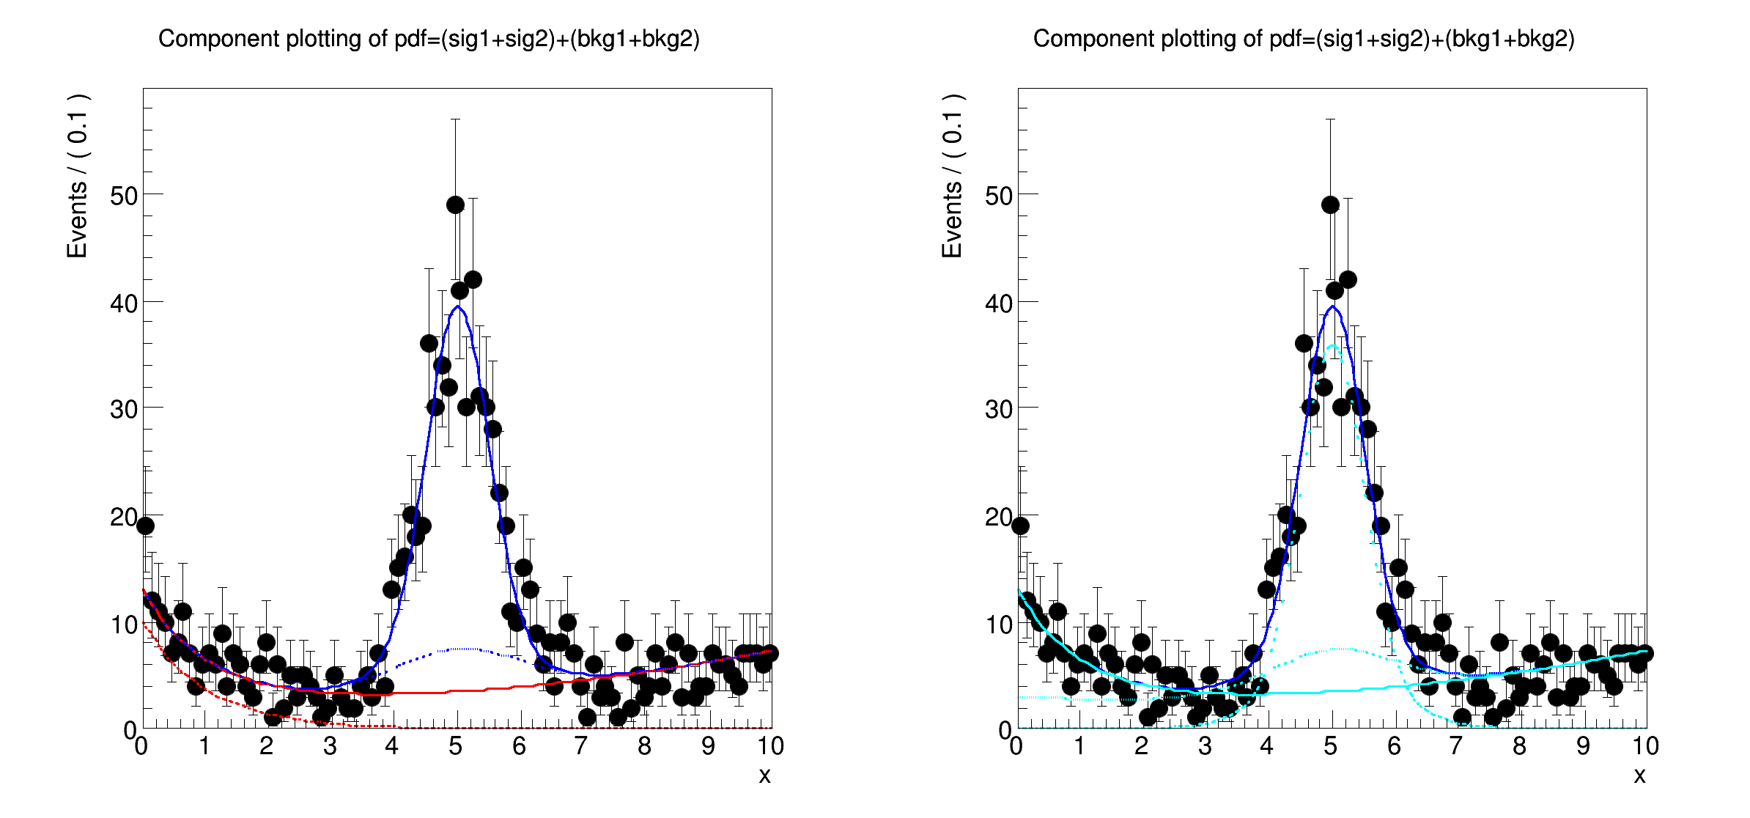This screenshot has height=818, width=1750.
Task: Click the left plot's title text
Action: (x=429, y=39)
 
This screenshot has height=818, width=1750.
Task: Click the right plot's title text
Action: (x=1304, y=39)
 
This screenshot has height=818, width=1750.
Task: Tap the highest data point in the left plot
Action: (x=455, y=205)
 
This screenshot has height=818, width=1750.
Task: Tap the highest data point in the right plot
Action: (x=1330, y=205)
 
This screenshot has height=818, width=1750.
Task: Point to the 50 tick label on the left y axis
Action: (x=124, y=196)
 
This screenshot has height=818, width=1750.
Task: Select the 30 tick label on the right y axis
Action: (x=999, y=409)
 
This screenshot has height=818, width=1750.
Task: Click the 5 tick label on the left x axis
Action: (x=455, y=747)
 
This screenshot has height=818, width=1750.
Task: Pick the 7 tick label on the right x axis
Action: (x=1455, y=747)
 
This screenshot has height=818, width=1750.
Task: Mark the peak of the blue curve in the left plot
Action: (x=457, y=306)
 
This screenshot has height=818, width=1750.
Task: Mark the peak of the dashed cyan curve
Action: (x=1333, y=346)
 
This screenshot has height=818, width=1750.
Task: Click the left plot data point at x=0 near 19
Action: (x=145, y=526)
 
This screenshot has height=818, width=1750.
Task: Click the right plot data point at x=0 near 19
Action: (x=1020, y=526)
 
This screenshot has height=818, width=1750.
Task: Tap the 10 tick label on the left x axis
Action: (x=770, y=747)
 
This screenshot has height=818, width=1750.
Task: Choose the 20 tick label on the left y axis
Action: (x=124, y=517)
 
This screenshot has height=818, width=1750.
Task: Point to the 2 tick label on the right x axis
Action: (x=1141, y=747)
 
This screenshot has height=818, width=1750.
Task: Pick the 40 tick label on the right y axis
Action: (x=999, y=303)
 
